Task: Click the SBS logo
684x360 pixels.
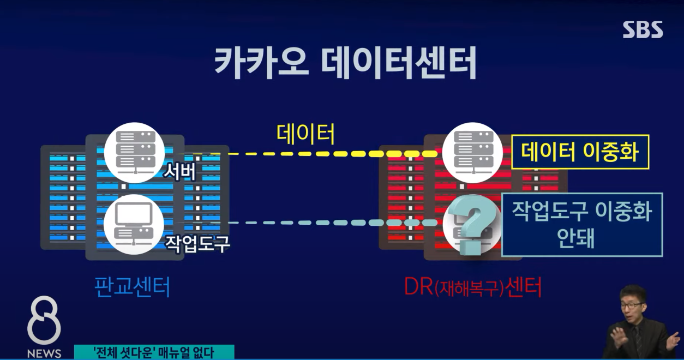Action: point(643,30)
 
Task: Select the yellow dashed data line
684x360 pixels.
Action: point(327,154)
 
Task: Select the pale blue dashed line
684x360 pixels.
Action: point(327,223)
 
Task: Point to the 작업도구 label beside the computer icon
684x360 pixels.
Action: point(197,243)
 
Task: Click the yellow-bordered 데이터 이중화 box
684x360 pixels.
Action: point(580,152)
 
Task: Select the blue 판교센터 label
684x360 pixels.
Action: point(133,286)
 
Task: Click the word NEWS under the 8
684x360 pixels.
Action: point(44,353)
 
